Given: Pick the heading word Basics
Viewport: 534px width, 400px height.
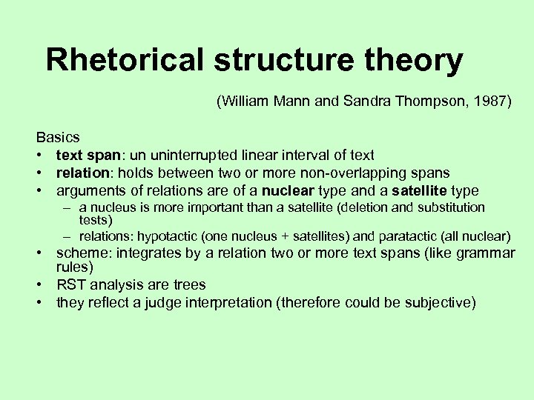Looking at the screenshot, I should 58,138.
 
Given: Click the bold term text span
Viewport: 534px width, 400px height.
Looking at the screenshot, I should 82,156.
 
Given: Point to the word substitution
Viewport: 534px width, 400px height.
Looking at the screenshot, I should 450,207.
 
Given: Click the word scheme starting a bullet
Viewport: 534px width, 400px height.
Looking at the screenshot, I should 80,253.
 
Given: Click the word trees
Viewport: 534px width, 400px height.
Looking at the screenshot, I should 188,284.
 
